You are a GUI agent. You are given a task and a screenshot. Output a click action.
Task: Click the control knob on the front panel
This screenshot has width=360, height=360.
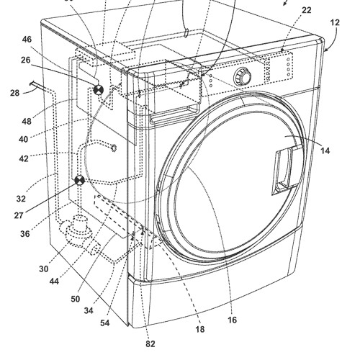point(243,77)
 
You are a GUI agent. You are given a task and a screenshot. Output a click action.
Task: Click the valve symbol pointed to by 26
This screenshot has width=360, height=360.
point(98,90)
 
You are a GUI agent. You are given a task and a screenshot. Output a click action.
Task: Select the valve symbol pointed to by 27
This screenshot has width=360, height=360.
point(79,181)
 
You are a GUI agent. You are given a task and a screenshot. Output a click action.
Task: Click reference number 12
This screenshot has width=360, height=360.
point(335,22)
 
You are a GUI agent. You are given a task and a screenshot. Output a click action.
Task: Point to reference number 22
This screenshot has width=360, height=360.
point(307,10)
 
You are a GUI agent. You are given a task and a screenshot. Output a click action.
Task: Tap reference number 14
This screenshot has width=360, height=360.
point(325,150)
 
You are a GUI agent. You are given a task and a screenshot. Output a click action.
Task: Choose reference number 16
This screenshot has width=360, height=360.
point(232,320)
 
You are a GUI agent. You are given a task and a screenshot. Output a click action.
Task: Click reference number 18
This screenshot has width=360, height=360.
point(200,329)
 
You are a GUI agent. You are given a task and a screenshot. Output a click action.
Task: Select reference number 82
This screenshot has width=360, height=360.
point(150,344)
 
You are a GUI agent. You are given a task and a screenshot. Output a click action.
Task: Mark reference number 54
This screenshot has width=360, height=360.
point(105,323)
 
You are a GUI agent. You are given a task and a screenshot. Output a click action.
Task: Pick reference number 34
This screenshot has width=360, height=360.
point(89,311)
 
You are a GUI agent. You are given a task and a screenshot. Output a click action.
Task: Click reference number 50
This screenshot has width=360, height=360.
point(76,299)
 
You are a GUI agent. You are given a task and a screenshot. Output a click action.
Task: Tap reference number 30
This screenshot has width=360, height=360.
point(44,269)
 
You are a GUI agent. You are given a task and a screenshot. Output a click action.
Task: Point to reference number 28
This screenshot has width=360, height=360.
point(14,93)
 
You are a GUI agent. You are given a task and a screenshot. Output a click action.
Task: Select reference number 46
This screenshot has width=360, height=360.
point(27,40)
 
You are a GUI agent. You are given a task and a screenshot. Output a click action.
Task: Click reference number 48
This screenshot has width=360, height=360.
point(27,122)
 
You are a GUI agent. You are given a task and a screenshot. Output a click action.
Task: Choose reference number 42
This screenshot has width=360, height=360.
point(24,158)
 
